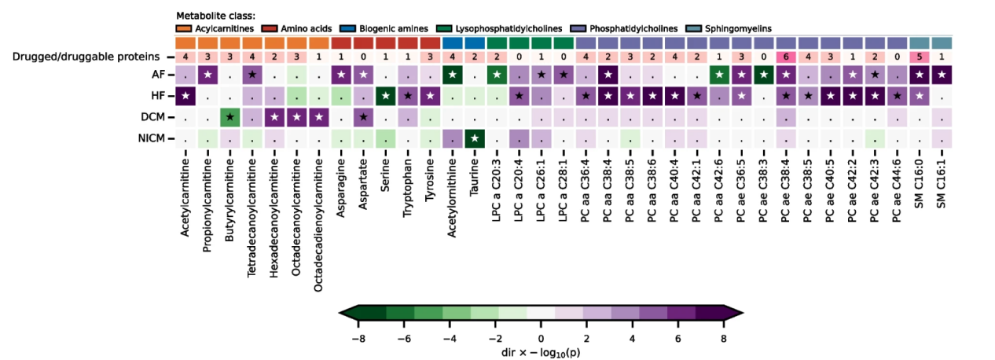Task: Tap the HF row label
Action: tap(159, 97)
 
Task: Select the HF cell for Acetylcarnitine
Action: tap(186, 97)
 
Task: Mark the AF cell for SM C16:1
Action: tap(942, 75)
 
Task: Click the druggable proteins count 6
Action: tap(788, 57)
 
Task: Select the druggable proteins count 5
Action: tap(920, 57)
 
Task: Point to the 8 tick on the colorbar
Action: tap(723, 338)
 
